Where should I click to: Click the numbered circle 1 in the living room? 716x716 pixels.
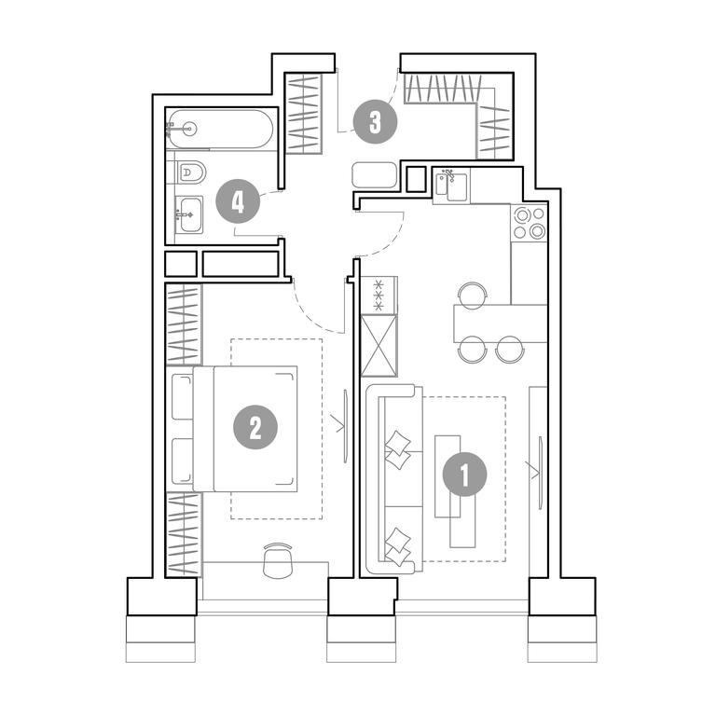[465, 475]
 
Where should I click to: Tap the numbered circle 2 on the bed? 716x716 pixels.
[255, 427]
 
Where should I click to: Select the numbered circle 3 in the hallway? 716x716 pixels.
[375, 122]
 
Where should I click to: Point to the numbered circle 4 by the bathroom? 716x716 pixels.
[238, 201]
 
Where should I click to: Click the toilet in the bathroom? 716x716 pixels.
[190, 172]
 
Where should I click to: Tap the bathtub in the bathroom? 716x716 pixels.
[220, 129]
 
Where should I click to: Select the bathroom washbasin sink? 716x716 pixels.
[189, 214]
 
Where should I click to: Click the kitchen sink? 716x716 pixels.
[451, 186]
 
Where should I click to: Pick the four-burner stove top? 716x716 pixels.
[530, 223]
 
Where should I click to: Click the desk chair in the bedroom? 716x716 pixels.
[278, 561]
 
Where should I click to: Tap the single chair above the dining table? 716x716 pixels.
[473, 294]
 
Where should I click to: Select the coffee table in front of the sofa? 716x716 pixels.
[454, 491]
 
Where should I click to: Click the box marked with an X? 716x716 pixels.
[379, 346]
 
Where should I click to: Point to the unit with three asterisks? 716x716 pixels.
[379, 295]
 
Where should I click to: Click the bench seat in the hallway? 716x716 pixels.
[375, 175]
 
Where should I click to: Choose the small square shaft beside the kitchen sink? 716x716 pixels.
[416, 179]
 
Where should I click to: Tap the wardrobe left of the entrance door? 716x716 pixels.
[303, 114]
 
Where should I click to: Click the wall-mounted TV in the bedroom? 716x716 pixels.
[346, 425]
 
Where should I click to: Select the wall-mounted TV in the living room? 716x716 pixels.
[541, 473]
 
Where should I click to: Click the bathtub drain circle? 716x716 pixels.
[190, 130]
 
